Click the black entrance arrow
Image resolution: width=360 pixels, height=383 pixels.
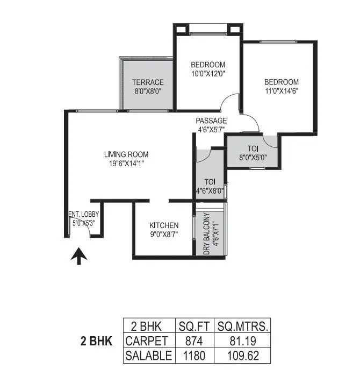pyautogui.click(x=78, y=257)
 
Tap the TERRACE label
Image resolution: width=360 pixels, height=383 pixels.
pyautogui.click(x=148, y=82)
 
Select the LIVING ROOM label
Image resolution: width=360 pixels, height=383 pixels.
pyautogui.click(x=126, y=155)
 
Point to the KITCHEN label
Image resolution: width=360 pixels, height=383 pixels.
pyautogui.click(x=164, y=225)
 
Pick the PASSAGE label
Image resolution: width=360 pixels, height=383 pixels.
pyautogui.click(x=211, y=120)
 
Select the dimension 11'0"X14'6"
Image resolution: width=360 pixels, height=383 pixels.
pyautogui.click(x=281, y=90)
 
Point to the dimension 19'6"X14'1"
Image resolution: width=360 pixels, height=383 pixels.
pyautogui.click(x=126, y=164)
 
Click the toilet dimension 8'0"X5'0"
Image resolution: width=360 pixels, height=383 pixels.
pyautogui.click(x=253, y=158)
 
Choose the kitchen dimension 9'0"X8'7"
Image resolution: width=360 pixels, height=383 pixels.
pyautogui.click(x=164, y=233)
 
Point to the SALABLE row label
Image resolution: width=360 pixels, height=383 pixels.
pyautogui.click(x=148, y=356)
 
